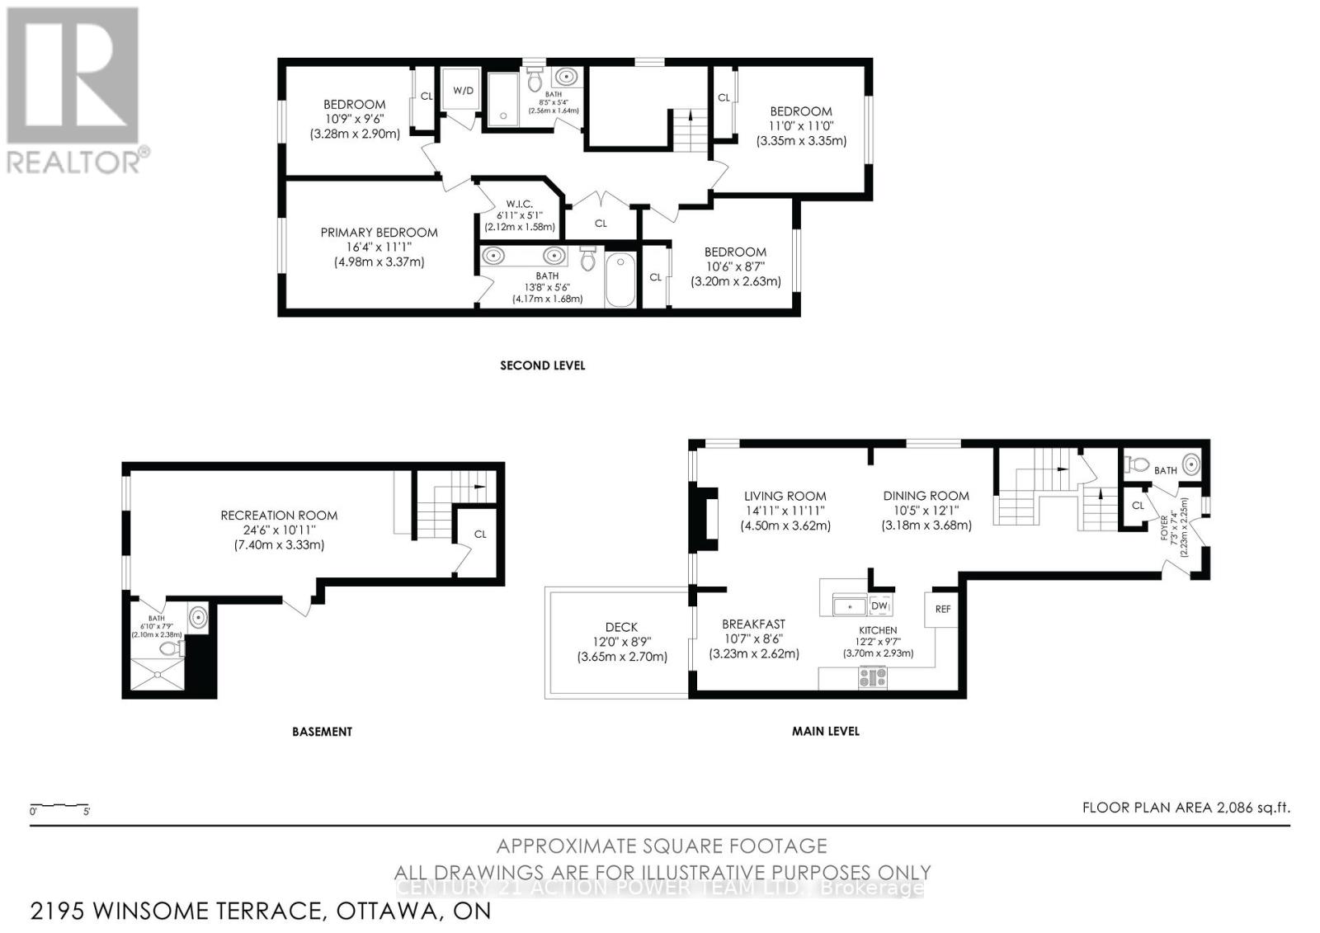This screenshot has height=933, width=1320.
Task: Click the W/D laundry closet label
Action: [x=464, y=90]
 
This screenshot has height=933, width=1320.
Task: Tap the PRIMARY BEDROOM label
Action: [x=379, y=233]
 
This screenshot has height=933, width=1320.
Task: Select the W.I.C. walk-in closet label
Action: [x=519, y=204]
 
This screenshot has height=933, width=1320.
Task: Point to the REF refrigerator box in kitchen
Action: [x=942, y=609]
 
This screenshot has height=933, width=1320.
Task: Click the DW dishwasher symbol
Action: [x=879, y=606]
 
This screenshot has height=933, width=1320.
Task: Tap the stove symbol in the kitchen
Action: [x=873, y=678]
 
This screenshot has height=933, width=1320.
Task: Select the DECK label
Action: [x=620, y=627]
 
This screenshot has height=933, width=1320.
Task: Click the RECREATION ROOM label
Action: [x=279, y=516]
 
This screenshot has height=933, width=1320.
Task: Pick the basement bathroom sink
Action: [x=198, y=617]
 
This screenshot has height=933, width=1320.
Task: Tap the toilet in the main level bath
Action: [x=1137, y=464]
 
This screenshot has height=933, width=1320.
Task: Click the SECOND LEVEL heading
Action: [x=542, y=365]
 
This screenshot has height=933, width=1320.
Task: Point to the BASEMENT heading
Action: [x=322, y=732]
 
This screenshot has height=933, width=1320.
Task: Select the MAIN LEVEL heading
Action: [x=825, y=731]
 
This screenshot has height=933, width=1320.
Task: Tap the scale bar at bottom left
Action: [x=59, y=806]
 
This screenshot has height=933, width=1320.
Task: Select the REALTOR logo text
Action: [x=78, y=161]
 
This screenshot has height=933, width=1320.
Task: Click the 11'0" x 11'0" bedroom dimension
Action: [x=801, y=126]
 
